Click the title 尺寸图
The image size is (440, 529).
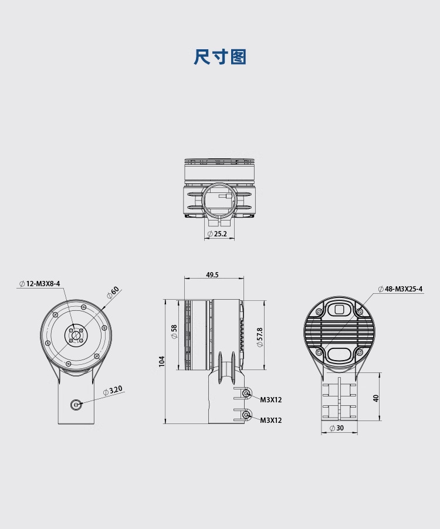click(220, 57)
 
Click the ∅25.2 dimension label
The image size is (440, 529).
click(217, 234)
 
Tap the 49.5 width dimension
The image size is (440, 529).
click(212, 274)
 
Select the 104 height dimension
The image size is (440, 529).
click(162, 361)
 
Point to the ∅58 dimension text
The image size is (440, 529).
click(174, 332)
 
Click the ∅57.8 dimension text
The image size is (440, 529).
click(259, 337)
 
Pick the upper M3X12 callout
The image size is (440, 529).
click(270, 400)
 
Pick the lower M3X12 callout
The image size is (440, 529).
click(270, 421)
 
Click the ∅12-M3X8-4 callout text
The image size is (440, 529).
click(39, 284)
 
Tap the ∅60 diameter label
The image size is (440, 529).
click(113, 292)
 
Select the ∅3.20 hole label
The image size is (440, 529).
click(113, 391)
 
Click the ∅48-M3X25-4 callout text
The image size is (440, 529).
click(400, 289)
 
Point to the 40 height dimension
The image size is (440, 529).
click(376, 398)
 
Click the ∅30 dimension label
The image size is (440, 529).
click(336, 428)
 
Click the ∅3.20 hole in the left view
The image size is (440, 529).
click(76, 404)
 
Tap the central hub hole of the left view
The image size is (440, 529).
click(76, 335)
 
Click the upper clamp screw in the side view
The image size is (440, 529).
click(246, 394)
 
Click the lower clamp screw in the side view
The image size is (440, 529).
click(246, 415)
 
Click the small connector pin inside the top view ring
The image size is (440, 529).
click(225, 196)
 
